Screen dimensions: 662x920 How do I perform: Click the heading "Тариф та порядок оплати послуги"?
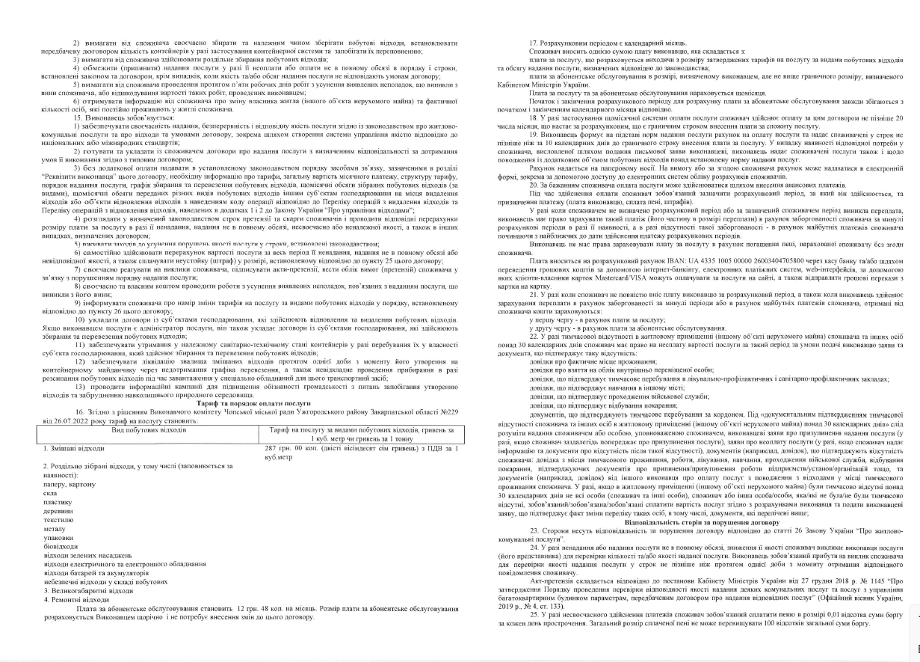226,411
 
